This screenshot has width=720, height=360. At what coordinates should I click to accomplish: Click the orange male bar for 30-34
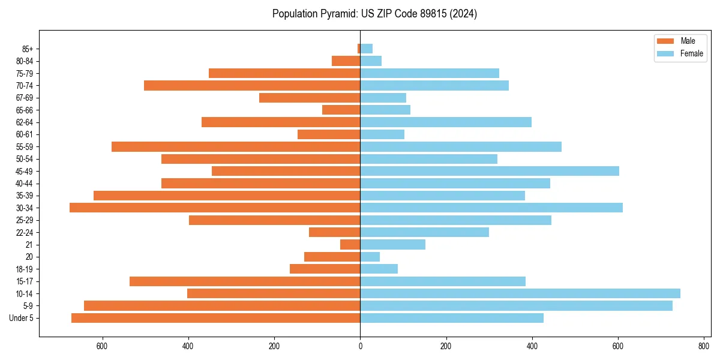click(215, 208)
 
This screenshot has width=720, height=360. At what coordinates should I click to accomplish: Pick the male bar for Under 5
click(215, 318)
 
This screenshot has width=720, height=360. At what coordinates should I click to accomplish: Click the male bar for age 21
click(350, 245)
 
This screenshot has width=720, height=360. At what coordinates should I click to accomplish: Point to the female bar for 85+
click(367, 49)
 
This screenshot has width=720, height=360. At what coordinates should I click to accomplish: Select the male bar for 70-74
click(252, 85)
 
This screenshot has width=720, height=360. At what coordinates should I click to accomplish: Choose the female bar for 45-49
click(490, 171)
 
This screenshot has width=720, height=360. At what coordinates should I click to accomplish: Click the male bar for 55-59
click(236, 146)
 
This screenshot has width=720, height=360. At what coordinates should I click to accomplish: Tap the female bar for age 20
click(370, 257)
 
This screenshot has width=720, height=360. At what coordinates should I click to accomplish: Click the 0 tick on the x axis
click(360, 347)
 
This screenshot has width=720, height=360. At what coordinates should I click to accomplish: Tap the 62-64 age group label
click(25, 122)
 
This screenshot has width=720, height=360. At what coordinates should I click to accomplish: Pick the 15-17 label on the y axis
click(25, 281)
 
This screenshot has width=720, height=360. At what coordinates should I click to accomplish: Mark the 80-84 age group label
click(25, 61)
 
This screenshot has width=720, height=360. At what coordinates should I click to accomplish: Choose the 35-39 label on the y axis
click(25, 196)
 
